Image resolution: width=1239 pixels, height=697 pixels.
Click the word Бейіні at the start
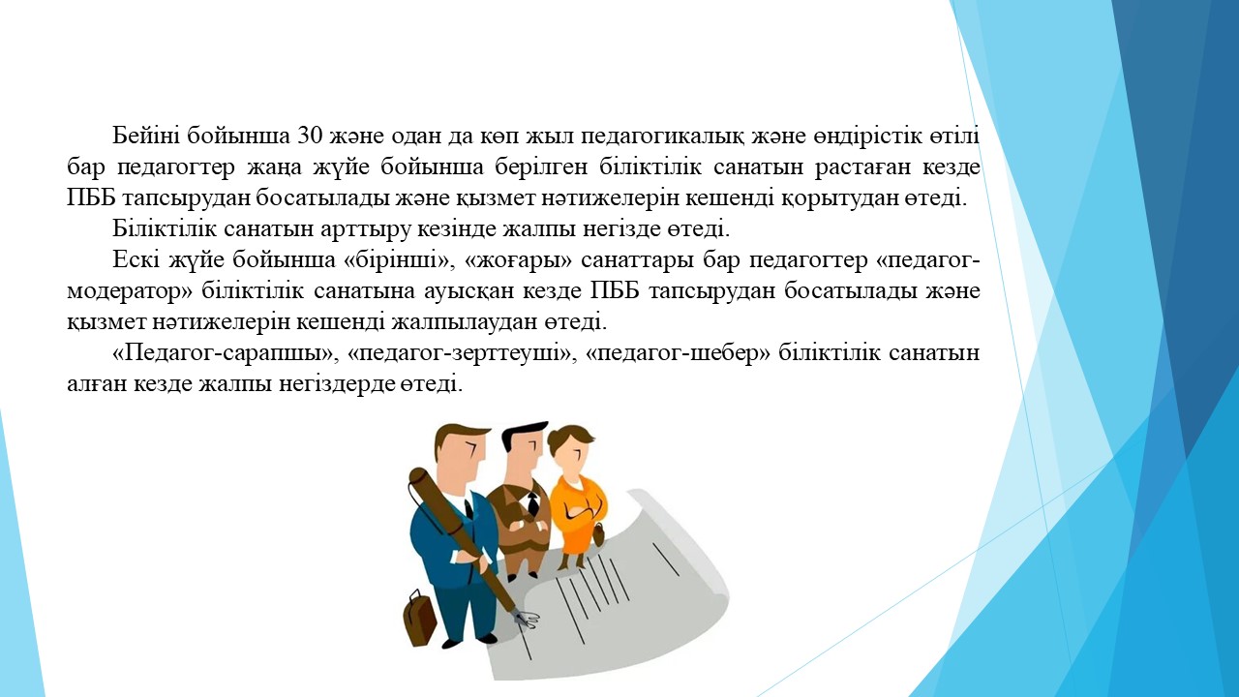click(145, 136)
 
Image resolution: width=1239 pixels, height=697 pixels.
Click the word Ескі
click(136, 260)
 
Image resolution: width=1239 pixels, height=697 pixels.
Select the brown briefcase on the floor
click(419, 618)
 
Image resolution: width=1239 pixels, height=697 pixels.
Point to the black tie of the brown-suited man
click(532, 502)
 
